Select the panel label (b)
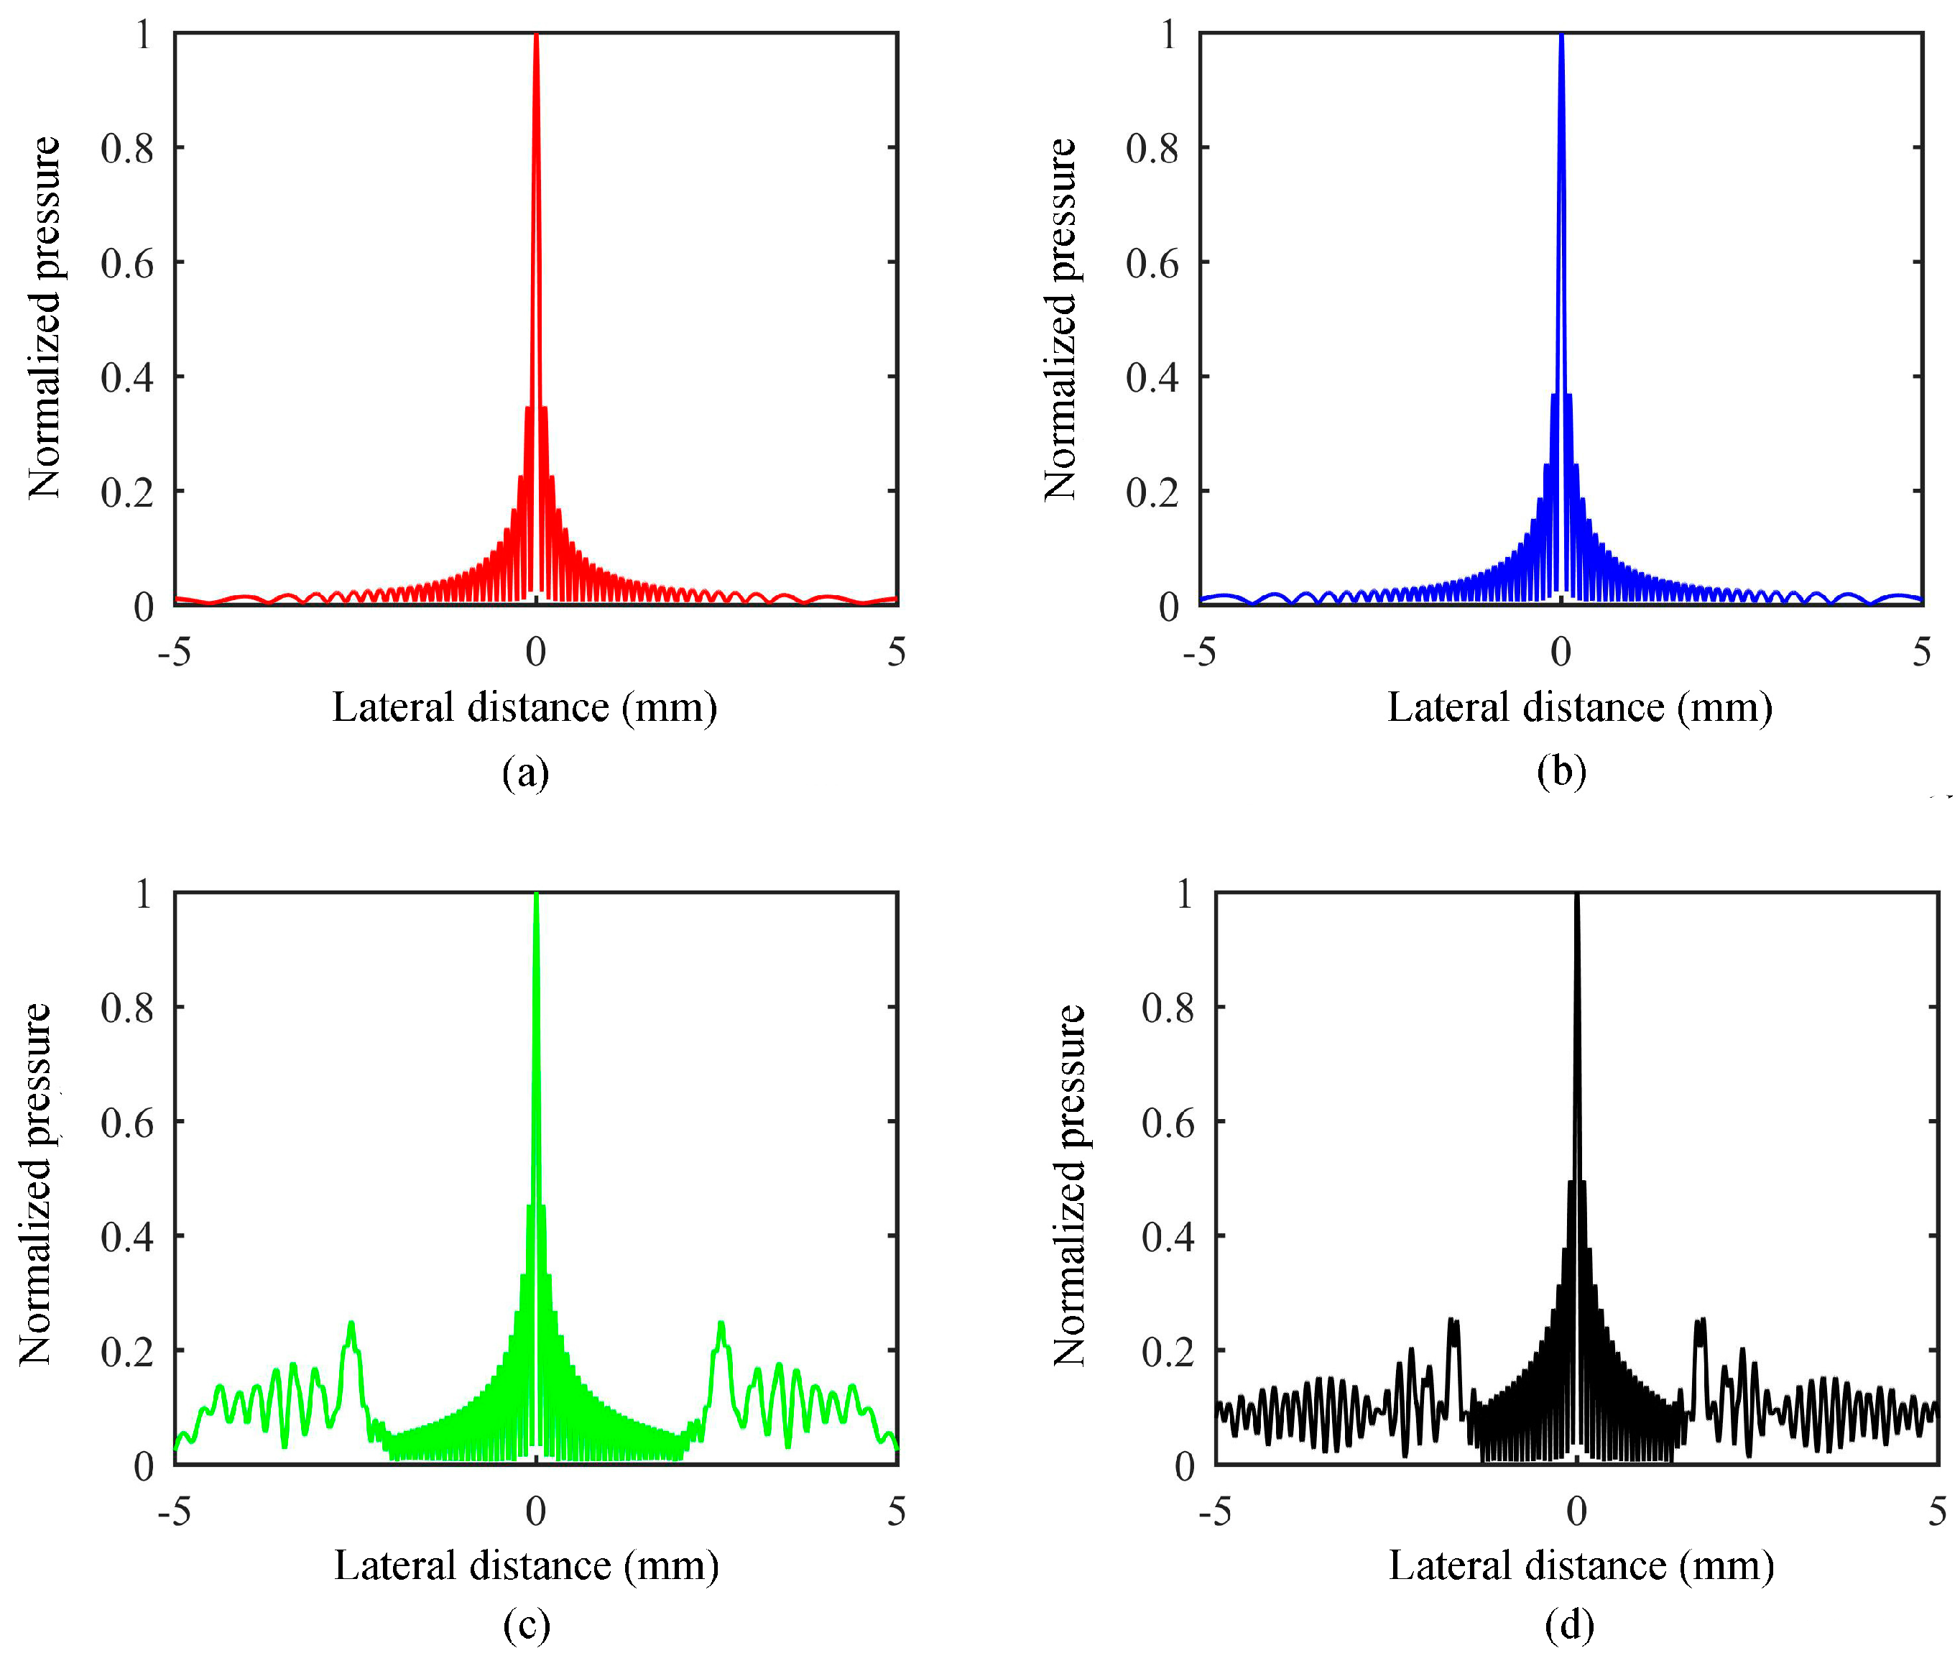(1561, 772)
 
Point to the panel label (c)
(526, 1624)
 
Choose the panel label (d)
(1569, 1624)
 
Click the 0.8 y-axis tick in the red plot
(127, 148)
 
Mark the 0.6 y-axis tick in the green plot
(127, 1122)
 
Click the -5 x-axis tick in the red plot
(175, 652)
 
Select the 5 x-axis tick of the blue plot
(1921, 652)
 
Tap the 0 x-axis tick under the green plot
(535, 1511)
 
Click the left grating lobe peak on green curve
(351, 1324)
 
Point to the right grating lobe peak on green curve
(721, 1324)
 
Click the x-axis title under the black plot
(1581, 1566)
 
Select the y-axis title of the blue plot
(1060, 319)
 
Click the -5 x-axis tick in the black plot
(1215, 1511)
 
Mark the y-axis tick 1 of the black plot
(1184, 893)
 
